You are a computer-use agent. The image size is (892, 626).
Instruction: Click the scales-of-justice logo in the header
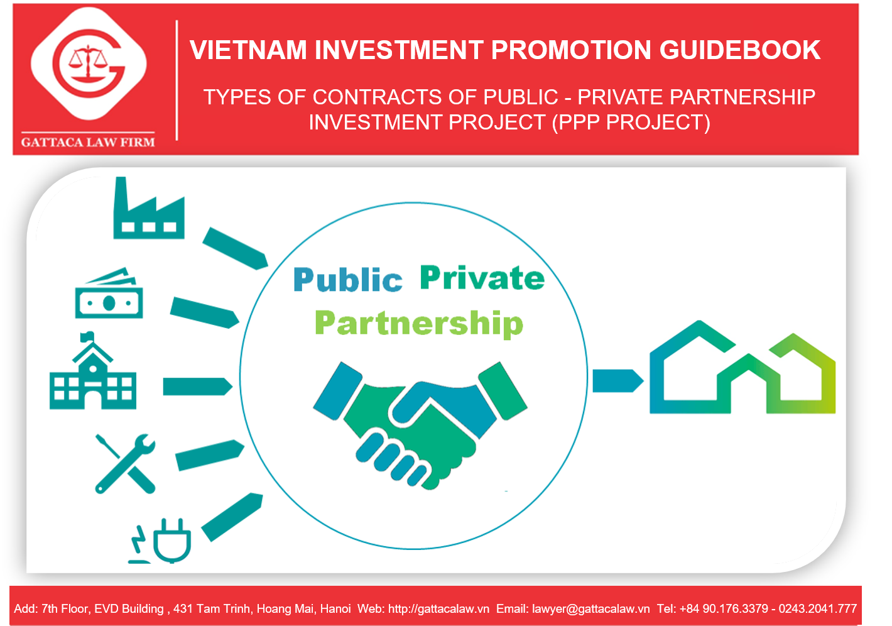(89, 63)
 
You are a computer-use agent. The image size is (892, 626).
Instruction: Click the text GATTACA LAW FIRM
(88, 142)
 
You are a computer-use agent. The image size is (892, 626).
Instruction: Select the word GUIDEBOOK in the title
(739, 50)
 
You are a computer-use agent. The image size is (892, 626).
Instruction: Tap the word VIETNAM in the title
(247, 50)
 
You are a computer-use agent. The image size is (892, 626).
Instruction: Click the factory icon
(149, 208)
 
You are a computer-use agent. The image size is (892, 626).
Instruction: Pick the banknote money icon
(109, 293)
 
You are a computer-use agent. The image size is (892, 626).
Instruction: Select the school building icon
(93, 371)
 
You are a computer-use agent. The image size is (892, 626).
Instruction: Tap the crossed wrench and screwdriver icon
(125, 464)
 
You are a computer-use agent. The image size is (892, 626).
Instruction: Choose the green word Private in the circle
(482, 277)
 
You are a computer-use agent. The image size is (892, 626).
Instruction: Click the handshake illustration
(420, 426)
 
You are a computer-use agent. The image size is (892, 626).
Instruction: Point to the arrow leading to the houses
(617, 381)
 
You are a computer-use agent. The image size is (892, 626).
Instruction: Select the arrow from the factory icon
(236, 249)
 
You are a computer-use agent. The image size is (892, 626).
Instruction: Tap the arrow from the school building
(197, 387)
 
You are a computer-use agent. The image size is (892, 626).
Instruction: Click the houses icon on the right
(742, 367)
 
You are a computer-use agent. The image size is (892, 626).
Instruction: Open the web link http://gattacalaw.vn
(439, 608)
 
